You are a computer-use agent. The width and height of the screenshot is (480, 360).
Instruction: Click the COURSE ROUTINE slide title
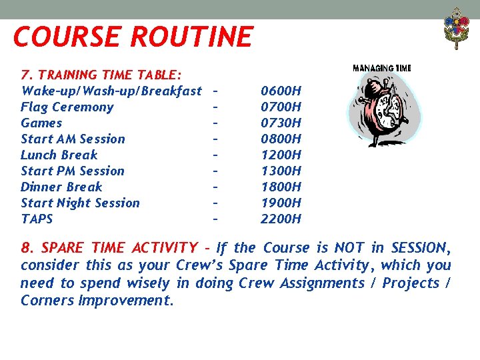(133, 36)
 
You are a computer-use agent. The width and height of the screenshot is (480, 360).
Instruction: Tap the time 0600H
(281, 91)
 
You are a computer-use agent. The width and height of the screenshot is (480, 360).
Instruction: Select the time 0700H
(281, 107)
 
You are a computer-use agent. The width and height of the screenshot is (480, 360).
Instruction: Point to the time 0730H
(281, 123)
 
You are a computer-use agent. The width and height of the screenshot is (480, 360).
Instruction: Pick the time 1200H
(281, 155)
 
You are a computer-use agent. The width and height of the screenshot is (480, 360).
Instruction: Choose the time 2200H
(281, 219)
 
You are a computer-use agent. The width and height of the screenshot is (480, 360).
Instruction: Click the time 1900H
(281, 203)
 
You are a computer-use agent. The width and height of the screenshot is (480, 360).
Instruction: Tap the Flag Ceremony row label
(67, 107)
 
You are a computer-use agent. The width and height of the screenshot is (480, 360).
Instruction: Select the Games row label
(41, 123)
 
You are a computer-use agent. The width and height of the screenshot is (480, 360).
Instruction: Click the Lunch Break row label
(59, 155)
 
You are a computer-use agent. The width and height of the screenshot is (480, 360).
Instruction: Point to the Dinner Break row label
(61, 187)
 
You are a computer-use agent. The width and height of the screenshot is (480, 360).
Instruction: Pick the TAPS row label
(37, 219)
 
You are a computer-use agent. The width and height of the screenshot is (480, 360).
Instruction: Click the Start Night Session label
(80, 203)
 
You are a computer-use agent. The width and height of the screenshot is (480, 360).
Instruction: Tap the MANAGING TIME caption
(381, 68)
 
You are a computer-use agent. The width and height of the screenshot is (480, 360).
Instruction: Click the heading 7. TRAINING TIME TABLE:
(103, 75)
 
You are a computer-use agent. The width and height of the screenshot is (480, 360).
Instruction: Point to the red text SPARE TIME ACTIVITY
(119, 248)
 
